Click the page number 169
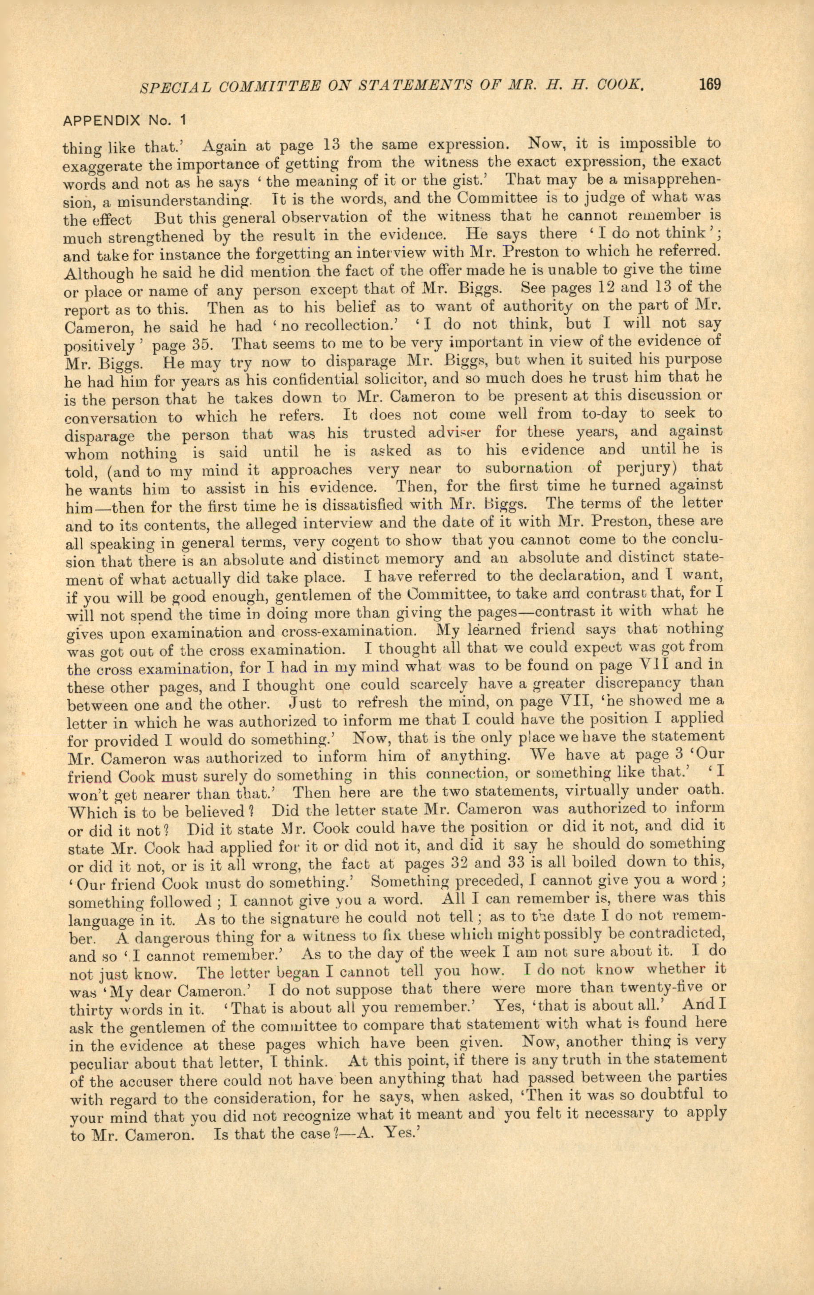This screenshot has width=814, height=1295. coord(709,84)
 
